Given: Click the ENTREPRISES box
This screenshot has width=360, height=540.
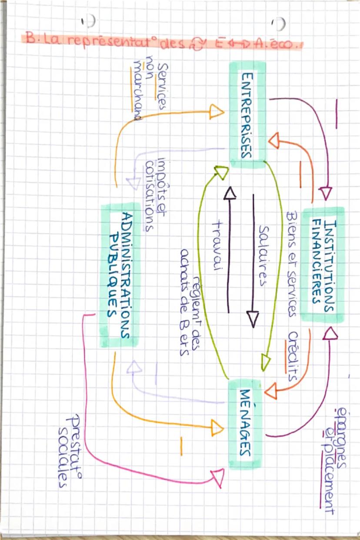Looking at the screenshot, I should pyautogui.click(x=247, y=115).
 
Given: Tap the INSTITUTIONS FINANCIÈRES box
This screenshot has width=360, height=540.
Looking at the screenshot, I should pyautogui.click(x=323, y=265).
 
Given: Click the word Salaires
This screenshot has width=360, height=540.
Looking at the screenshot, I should pyautogui.click(x=263, y=255).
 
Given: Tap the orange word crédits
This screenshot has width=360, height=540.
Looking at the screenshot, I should pyautogui.click(x=293, y=357).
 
